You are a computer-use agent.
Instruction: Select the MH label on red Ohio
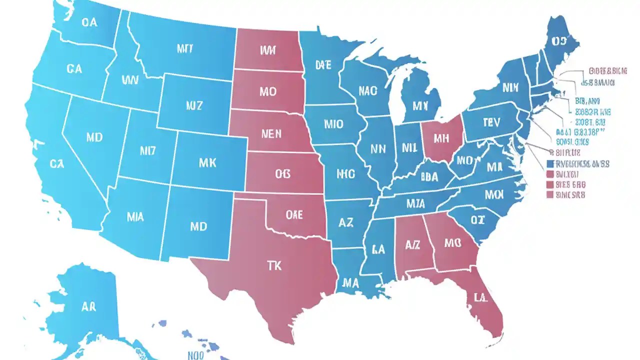click(441, 138)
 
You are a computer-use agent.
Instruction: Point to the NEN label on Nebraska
click(271, 133)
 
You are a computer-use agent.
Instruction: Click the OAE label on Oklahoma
click(294, 215)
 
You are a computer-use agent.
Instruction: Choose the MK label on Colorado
click(207, 162)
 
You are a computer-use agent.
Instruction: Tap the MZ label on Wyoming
click(194, 105)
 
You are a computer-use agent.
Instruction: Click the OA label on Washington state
click(89, 22)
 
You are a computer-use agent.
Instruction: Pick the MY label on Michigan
click(421, 105)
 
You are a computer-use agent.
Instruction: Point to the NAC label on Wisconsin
click(368, 91)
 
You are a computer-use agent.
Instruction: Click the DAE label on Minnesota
click(323, 64)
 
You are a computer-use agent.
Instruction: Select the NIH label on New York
click(510, 88)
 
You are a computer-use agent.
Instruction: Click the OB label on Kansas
click(282, 173)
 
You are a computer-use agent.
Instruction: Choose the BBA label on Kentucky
click(429, 176)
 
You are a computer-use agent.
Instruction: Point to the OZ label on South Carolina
click(477, 219)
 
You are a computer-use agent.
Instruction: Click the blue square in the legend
click(550, 164)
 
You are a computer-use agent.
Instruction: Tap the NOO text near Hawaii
click(196, 355)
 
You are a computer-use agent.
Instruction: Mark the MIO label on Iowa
click(333, 124)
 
